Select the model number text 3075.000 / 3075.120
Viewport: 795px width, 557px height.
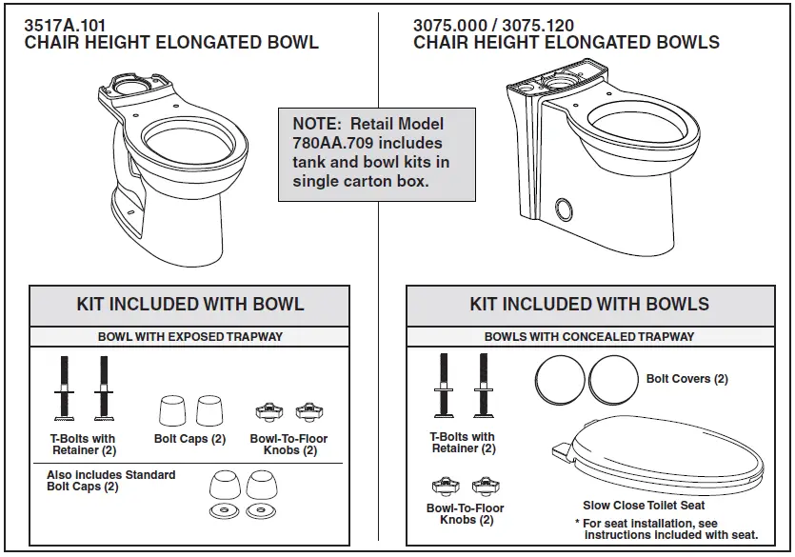(x=493, y=26)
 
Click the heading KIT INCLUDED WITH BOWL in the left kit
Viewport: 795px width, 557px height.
(x=190, y=305)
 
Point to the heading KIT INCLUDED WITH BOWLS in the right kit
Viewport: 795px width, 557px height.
(x=589, y=305)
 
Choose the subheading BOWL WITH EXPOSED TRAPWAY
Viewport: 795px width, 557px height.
(x=190, y=336)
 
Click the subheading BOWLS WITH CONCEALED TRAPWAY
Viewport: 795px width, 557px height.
(x=589, y=336)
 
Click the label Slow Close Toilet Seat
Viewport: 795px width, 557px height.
(x=644, y=506)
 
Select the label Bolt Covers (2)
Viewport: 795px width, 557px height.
(x=686, y=379)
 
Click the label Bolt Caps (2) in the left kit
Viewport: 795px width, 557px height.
(x=189, y=439)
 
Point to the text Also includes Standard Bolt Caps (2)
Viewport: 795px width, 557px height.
(x=110, y=481)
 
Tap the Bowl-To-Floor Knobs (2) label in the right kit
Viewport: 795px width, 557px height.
(x=465, y=514)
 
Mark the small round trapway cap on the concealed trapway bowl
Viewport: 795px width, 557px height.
(x=563, y=208)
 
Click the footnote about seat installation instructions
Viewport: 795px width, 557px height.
(x=666, y=529)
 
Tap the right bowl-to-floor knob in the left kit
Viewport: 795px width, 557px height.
(x=307, y=412)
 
